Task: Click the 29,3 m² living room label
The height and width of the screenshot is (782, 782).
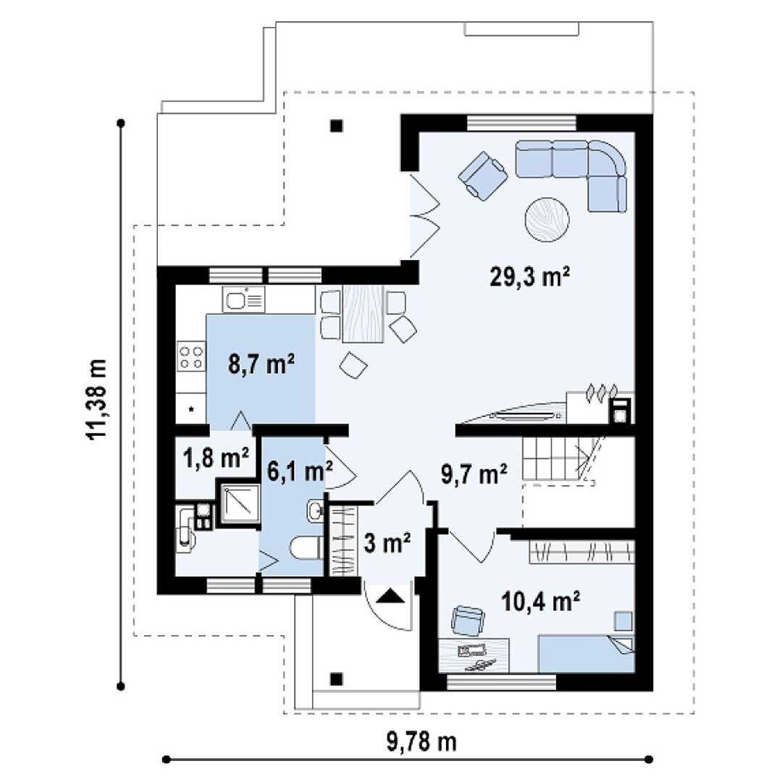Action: [529, 277]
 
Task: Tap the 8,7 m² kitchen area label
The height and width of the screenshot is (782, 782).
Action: [261, 363]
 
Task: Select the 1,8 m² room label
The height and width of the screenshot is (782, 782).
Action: [216, 458]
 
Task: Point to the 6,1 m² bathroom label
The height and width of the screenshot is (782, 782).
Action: [300, 471]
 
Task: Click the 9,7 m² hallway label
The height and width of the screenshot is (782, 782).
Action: [474, 474]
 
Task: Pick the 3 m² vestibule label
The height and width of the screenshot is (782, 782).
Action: [387, 542]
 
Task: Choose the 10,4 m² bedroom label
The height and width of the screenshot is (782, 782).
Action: [540, 602]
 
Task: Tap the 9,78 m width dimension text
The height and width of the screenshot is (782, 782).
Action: [421, 742]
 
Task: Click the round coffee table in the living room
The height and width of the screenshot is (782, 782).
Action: [547, 219]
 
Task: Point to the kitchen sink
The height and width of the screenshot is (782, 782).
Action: [244, 300]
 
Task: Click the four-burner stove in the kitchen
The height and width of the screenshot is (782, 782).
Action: [191, 356]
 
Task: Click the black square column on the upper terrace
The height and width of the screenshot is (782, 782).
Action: [337, 126]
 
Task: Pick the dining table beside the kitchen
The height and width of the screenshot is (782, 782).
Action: [363, 314]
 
